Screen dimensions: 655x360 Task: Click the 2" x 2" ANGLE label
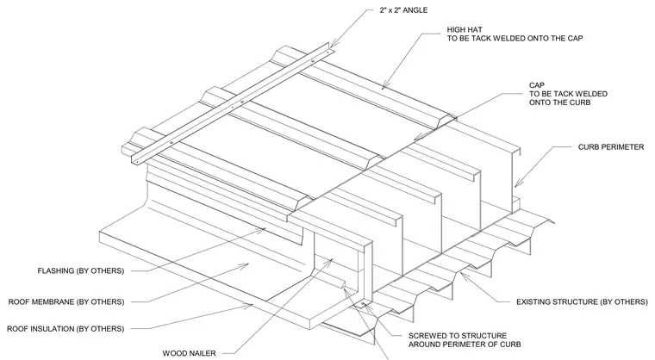pos(403,10)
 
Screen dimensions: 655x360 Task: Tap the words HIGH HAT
pos(465,29)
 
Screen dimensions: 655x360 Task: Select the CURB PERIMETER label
pos(611,147)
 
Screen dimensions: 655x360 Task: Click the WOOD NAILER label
pos(190,353)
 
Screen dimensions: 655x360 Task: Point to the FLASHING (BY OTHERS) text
pos(81,270)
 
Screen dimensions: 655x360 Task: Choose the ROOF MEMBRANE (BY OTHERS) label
pos(66,301)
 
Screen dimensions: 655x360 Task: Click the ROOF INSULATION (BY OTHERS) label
pos(65,329)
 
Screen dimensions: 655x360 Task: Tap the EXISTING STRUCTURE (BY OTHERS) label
pos(582,301)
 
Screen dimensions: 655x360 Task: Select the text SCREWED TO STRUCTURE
pos(458,336)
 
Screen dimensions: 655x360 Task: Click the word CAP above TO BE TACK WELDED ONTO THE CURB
pos(537,85)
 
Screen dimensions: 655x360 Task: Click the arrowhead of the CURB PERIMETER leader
pos(517,183)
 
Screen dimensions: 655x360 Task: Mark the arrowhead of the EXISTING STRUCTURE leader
pos(463,274)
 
